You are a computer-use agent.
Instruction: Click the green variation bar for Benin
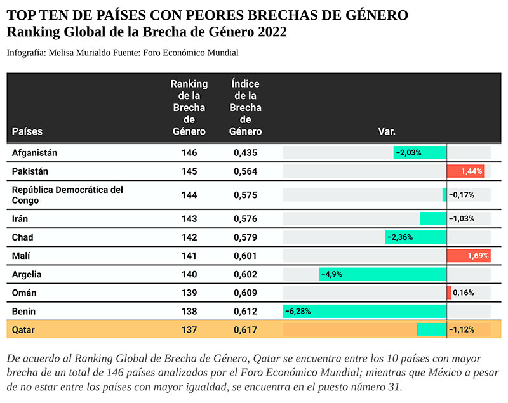pyautogui.click(x=364, y=311)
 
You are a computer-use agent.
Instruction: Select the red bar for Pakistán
pyautogui.click(x=466, y=171)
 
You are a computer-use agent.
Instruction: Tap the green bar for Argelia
pyautogui.click(x=382, y=274)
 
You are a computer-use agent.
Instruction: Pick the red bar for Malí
pyautogui.click(x=468, y=256)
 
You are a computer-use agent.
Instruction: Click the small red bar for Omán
pyautogui.click(x=449, y=293)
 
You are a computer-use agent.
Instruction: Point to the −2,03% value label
pyautogui.click(x=409, y=152)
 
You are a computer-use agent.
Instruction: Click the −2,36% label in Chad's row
pyautogui.click(x=400, y=237)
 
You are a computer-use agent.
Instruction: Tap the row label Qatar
pyautogui.click(x=25, y=329)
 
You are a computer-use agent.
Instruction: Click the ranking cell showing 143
pyautogui.click(x=189, y=219)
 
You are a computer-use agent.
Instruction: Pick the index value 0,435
pyautogui.click(x=245, y=153)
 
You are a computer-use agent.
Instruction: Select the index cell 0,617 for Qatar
pyautogui.click(x=245, y=329)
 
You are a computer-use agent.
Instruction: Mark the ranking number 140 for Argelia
pyautogui.click(x=189, y=274)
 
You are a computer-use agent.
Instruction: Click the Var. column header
pyautogui.click(x=387, y=131)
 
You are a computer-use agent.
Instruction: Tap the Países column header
pyautogui.click(x=27, y=131)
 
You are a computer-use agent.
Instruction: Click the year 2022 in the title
pyautogui.click(x=269, y=32)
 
